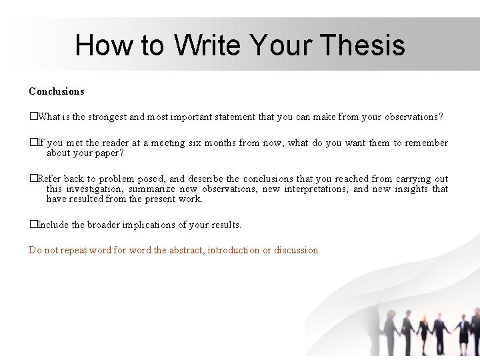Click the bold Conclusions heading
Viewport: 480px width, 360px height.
57,91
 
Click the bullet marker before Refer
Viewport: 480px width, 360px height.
32,179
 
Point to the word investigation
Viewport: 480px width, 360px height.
93,189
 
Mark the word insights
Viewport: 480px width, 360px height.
411,189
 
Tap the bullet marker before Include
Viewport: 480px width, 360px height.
32,225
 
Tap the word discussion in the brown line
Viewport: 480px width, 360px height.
297,251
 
